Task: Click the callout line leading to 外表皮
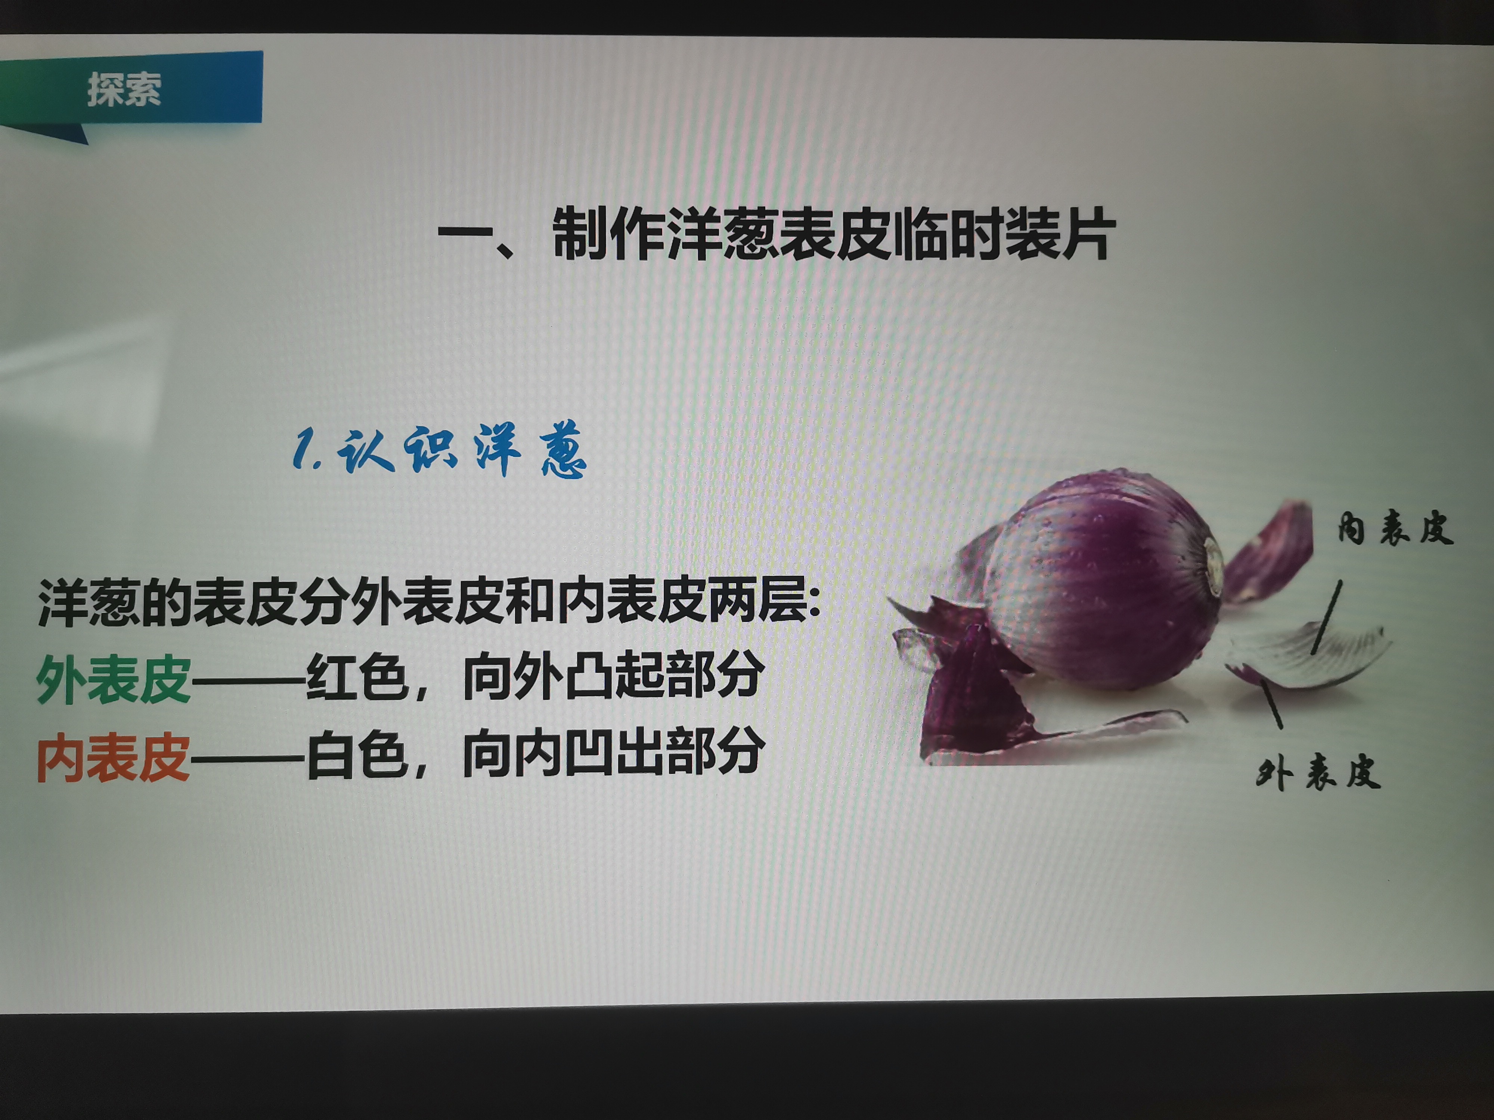1271,703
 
